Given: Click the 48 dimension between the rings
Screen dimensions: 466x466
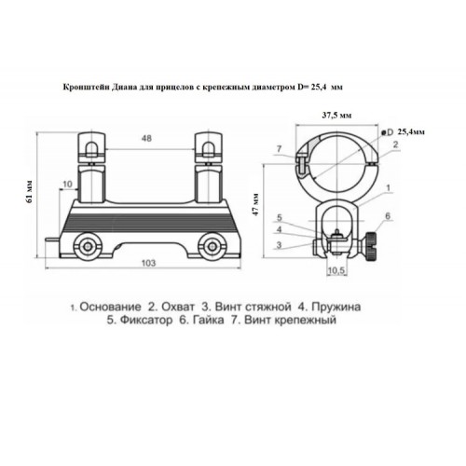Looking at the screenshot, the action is tap(146, 138).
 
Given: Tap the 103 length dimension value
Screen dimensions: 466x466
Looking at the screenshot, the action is tap(148, 263).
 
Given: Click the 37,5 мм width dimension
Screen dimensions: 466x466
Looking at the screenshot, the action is tap(337, 116).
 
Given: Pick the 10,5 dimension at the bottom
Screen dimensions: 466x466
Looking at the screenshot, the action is tap(336, 270).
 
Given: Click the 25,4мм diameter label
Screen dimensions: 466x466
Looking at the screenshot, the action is tap(411, 131).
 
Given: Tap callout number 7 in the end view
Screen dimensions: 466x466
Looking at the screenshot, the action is tap(279, 149).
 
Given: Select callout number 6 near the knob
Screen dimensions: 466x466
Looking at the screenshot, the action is tap(388, 216).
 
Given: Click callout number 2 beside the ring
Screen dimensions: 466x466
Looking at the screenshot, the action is tap(395, 144).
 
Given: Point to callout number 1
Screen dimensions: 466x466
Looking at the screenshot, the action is tap(388, 187).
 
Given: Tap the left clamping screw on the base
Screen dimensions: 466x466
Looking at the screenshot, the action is tap(88, 246).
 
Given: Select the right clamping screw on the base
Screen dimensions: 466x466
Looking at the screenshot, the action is tap(212, 246).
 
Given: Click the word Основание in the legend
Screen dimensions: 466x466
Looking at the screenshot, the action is tap(110, 307).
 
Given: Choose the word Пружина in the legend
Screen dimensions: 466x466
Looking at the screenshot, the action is tap(336, 308).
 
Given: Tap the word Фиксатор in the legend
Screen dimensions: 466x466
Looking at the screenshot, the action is tap(145, 320).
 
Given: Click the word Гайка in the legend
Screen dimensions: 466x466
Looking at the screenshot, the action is tap(208, 320).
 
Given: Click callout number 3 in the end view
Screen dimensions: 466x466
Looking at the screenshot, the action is tap(279, 245).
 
